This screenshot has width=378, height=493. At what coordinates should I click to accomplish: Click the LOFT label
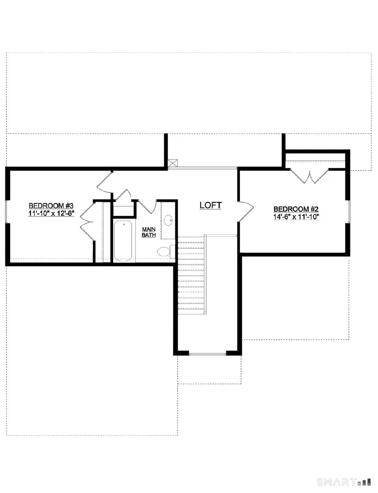click(x=210, y=206)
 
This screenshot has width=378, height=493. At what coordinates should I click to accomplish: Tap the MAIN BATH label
click(x=149, y=232)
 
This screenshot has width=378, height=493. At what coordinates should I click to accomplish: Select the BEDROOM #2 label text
click(x=296, y=209)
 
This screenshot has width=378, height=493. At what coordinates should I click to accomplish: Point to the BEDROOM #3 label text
click(x=51, y=206)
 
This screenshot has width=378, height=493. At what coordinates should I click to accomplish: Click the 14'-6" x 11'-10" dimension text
click(x=296, y=217)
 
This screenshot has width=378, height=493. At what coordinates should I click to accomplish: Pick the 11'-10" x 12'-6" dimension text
click(x=51, y=213)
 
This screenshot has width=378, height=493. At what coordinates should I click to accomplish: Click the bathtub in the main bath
click(x=123, y=241)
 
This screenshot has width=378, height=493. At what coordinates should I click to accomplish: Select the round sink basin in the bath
click(x=168, y=220)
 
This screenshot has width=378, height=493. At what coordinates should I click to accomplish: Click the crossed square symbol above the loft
click(x=172, y=164)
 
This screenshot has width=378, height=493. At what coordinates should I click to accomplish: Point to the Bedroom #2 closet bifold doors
click(x=310, y=176)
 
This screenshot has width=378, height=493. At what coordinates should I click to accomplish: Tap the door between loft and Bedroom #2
click(x=245, y=211)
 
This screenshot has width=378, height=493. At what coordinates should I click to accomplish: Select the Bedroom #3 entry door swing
click(x=104, y=183)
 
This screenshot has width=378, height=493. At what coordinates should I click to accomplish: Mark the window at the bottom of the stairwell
click(x=208, y=354)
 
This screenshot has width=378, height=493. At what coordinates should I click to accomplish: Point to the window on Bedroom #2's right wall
click(x=349, y=210)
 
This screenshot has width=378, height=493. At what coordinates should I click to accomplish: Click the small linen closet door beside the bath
click(x=123, y=197)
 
